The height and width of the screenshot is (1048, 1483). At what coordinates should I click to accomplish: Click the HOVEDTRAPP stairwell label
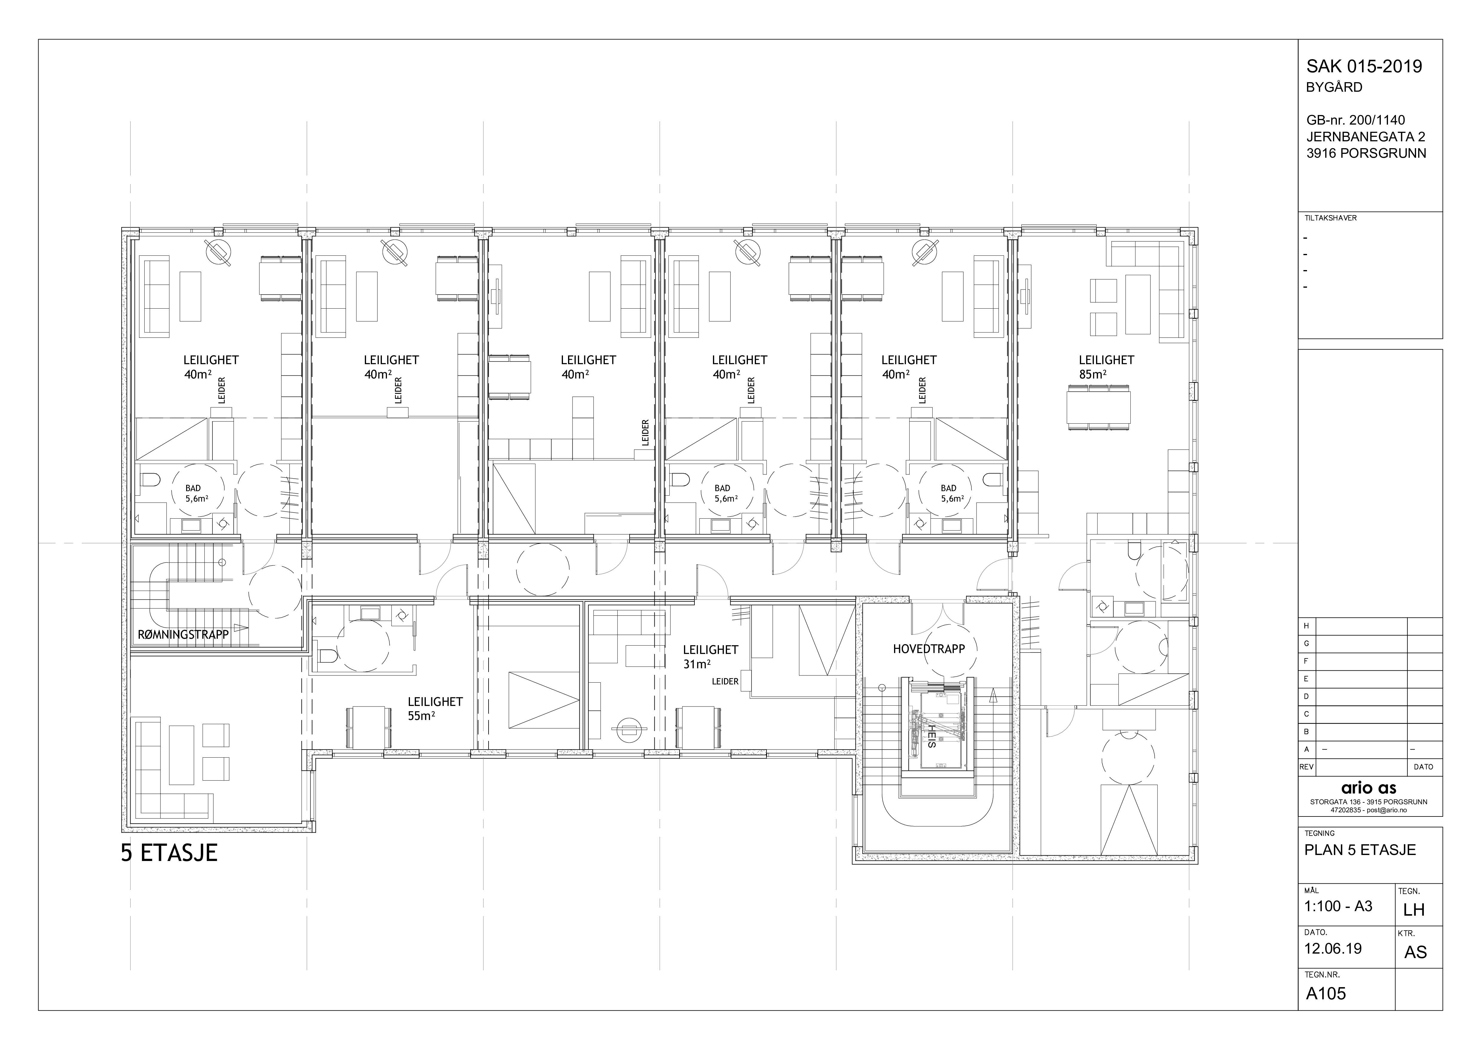click(x=929, y=649)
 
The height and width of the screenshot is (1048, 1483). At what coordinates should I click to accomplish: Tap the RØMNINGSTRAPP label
click(x=183, y=635)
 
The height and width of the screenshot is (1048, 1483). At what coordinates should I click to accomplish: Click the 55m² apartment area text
click(x=421, y=715)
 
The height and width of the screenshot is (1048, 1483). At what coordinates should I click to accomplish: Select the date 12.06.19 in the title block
click(x=1333, y=949)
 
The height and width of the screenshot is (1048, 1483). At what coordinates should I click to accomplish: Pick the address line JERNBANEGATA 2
click(x=1366, y=137)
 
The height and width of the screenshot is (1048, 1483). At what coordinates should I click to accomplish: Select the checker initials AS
click(x=1415, y=952)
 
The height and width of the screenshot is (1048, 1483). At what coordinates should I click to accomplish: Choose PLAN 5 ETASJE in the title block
click(x=1360, y=850)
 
